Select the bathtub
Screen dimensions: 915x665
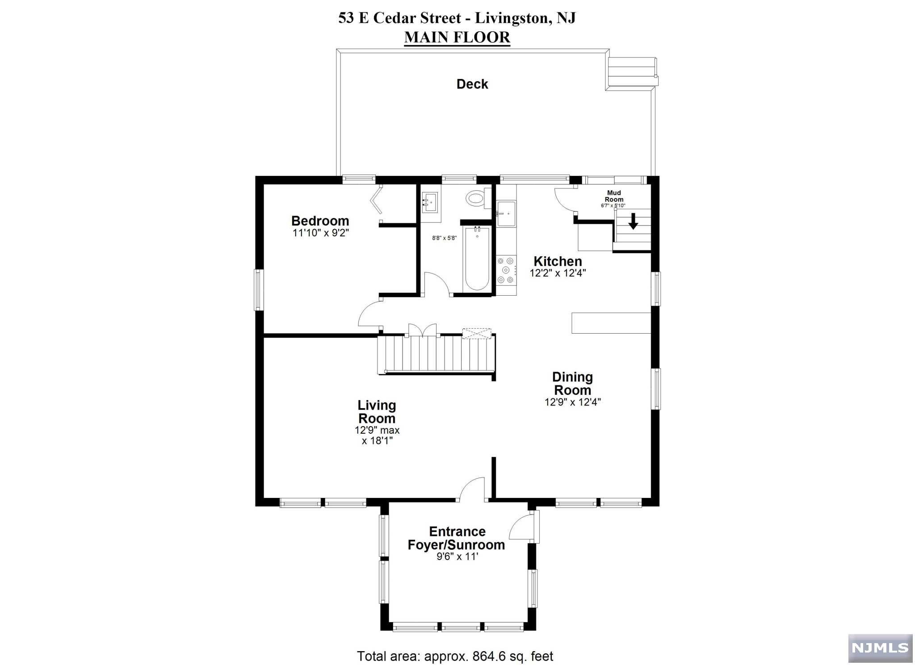click(x=477, y=258)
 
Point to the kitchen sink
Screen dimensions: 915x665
click(x=506, y=213)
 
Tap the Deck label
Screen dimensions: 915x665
click(x=472, y=84)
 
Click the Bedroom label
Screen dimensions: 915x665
click(x=320, y=221)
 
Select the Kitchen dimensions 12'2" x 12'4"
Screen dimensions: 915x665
click(x=558, y=273)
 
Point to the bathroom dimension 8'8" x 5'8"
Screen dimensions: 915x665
click(x=444, y=238)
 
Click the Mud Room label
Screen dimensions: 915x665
click(x=614, y=196)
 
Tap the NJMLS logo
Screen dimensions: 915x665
click(x=880, y=648)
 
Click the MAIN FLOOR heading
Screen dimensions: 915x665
click(x=457, y=37)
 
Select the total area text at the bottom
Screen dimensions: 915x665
click(x=455, y=656)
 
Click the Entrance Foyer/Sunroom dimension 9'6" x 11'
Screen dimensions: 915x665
click(x=457, y=557)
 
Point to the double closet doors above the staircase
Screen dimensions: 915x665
click(x=422, y=330)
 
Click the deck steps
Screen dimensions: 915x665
click(x=632, y=72)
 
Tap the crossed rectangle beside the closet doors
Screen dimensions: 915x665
click(x=476, y=334)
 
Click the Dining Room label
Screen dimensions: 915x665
click(x=572, y=383)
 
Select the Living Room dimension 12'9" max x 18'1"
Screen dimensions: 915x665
click(x=377, y=435)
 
